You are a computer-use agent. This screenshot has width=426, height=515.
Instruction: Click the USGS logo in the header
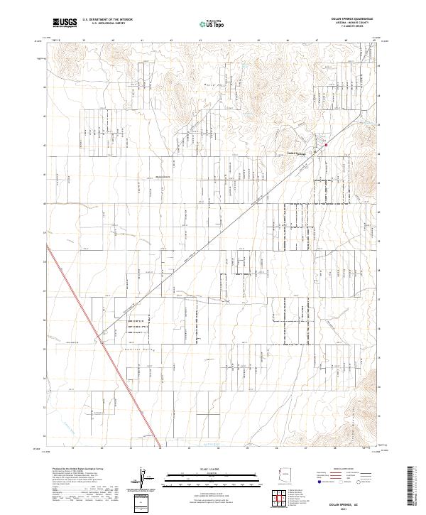coord(65,23)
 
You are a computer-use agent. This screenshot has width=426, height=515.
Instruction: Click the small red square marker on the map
coord(326,146)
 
